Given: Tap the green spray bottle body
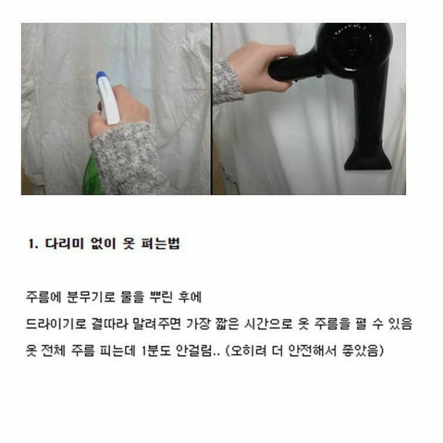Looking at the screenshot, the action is pyautogui.click(x=91, y=176).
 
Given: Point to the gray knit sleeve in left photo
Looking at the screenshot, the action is pyautogui.click(x=127, y=158).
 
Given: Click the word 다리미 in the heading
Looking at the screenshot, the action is pyautogui.click(x=65, y=244).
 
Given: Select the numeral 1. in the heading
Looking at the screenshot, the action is pyautogui.click(x=33, y=244).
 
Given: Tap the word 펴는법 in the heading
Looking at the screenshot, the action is pyautogui.click(x=161, y=244).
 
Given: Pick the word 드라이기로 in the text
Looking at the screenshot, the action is pyautogui.click(x=56, y=324).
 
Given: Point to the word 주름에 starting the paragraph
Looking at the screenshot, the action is pyautogui.click(x=43, y=297).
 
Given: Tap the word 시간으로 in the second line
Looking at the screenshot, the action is pyautogui.click(x=268, y=324).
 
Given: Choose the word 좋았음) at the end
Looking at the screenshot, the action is pyautogui.click(x=363, y=351).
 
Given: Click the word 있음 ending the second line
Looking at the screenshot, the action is pyautogui.click(x=401, y=324).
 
